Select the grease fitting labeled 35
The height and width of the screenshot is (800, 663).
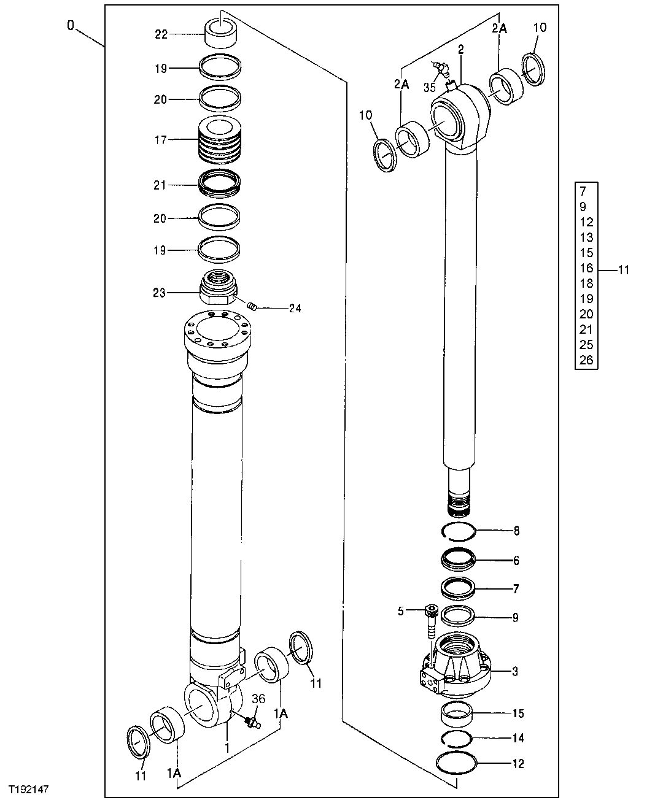coord(440,67)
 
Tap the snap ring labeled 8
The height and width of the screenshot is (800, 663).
coord(457,531)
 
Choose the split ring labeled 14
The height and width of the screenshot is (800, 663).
coord(457,739)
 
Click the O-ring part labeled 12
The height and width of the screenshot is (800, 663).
coord(457,764)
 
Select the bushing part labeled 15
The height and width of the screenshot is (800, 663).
coord(457,715)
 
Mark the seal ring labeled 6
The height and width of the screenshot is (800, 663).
coord(458,560)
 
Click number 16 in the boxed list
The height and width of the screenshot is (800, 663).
coord(586,268)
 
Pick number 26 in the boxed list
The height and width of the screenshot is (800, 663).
coord(586,360)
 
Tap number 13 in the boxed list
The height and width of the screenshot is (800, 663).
coord(586,237)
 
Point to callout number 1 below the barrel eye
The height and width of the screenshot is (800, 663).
coord(227,748)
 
